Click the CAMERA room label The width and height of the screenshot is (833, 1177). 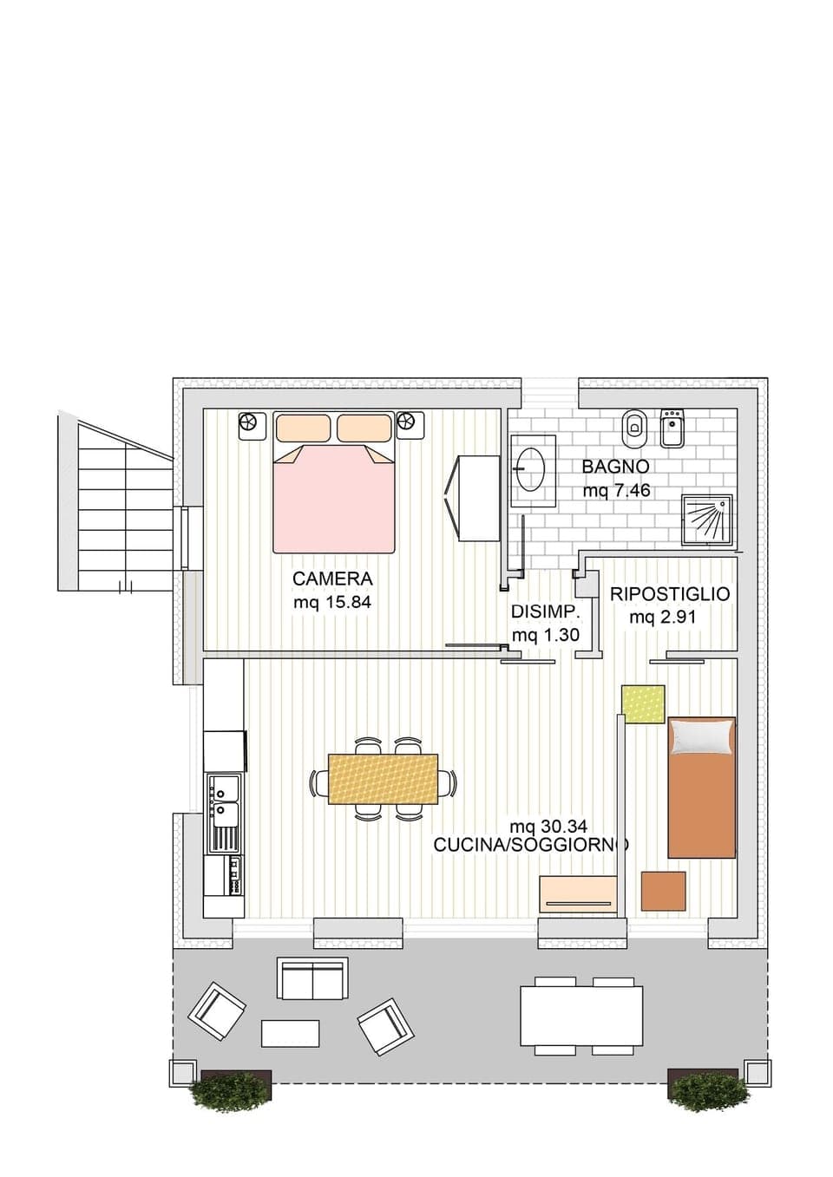[x=332, y=579]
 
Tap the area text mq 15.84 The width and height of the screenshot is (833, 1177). [x=332, y=602]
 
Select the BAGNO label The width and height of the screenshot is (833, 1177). [x=615, y=467]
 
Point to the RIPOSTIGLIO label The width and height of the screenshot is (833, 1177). [x=670, y=595]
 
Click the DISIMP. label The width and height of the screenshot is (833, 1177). [x=545, y=611]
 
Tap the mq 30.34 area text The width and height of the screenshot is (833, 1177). [x=548, y=827]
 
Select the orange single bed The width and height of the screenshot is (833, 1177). [x=702, y=787]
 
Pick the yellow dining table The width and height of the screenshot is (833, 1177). [x=383, y=778]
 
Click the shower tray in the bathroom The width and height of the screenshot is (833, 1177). [x=707, y=520]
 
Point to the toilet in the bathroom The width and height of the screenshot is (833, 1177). [x=634, y=426]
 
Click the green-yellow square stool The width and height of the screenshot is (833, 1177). [x=644, y=703]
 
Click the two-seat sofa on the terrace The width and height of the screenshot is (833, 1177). [x=312, y=979]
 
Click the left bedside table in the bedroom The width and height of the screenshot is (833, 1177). [x=250, y=424]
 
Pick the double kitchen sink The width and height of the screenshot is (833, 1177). [x=223, y=803]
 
